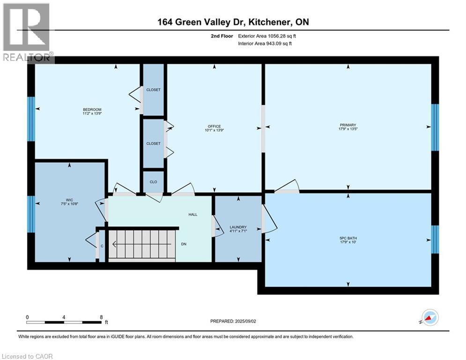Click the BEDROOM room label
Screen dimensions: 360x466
point(92,110)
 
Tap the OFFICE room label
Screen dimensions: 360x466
point(214,126)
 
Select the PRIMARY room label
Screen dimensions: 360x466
point(348,125)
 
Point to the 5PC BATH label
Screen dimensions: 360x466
point(348,238)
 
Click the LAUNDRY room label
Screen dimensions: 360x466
point(238,227)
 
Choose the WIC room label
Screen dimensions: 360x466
point(69,199)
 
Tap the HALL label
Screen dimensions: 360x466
point(193,214)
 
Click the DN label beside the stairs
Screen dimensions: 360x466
point(184,244)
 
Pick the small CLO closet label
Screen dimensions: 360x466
point(153,182)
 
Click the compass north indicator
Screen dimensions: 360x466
point(429,317)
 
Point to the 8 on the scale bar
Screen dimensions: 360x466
point(101,317)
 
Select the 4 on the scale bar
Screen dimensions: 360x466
point(64,317)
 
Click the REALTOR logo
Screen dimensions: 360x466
point(27,33)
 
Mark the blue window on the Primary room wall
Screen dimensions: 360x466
point(435,127)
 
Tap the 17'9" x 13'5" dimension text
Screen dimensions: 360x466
point(348,130)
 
